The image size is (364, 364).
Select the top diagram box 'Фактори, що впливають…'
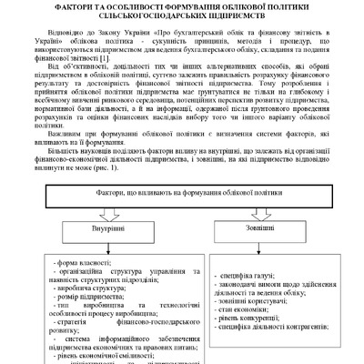[x=180, y=223]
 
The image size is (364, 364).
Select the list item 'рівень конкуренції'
[x=248, y=345]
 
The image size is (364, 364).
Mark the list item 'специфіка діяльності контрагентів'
[x=273, y=355]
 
